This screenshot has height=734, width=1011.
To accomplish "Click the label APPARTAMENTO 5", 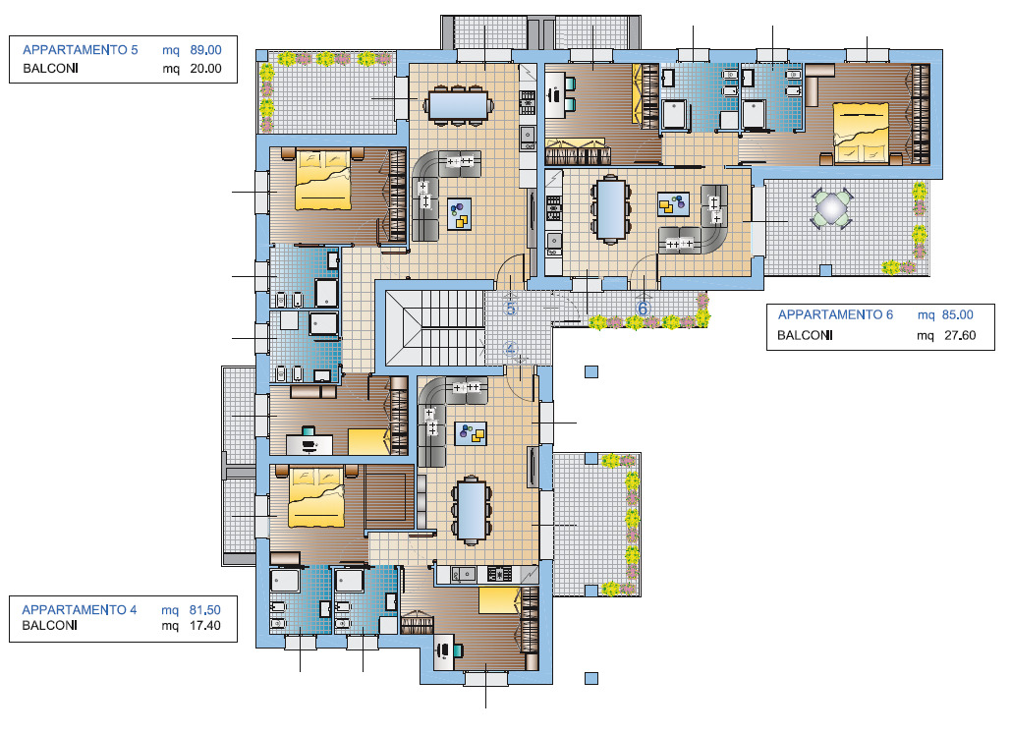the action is coord(80,50).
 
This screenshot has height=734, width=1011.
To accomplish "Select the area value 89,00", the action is coord(205,50).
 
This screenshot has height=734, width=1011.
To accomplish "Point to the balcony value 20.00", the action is coord(205,69).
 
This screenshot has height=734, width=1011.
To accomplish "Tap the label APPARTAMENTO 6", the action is coord(835,314).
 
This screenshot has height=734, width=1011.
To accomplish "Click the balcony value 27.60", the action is coord(960,335).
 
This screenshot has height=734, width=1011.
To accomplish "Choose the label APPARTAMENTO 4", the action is coord(80,610).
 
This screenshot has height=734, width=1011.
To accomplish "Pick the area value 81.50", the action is coord(205,610).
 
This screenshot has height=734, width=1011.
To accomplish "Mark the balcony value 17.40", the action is coord(205,626).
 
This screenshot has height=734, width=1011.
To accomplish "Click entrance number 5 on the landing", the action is coord(511,309).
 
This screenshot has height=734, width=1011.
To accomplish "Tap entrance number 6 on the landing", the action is coord(643,309).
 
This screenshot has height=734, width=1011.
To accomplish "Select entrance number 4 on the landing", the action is coord(511,349).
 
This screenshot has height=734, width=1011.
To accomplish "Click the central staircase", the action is coord(434,327).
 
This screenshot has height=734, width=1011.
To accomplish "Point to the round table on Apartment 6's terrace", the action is coord(832,207).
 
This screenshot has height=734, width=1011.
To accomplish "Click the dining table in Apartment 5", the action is coord(458,104).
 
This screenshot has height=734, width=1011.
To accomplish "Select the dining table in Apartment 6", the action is coord(610,209).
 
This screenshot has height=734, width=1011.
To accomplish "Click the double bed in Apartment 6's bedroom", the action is coord(861,134).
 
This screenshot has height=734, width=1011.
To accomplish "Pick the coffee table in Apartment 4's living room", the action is coord(472,434).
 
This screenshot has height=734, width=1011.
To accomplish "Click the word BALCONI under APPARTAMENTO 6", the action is coord(805,335).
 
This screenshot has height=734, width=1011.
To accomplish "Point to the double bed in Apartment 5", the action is coord(323,179).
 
